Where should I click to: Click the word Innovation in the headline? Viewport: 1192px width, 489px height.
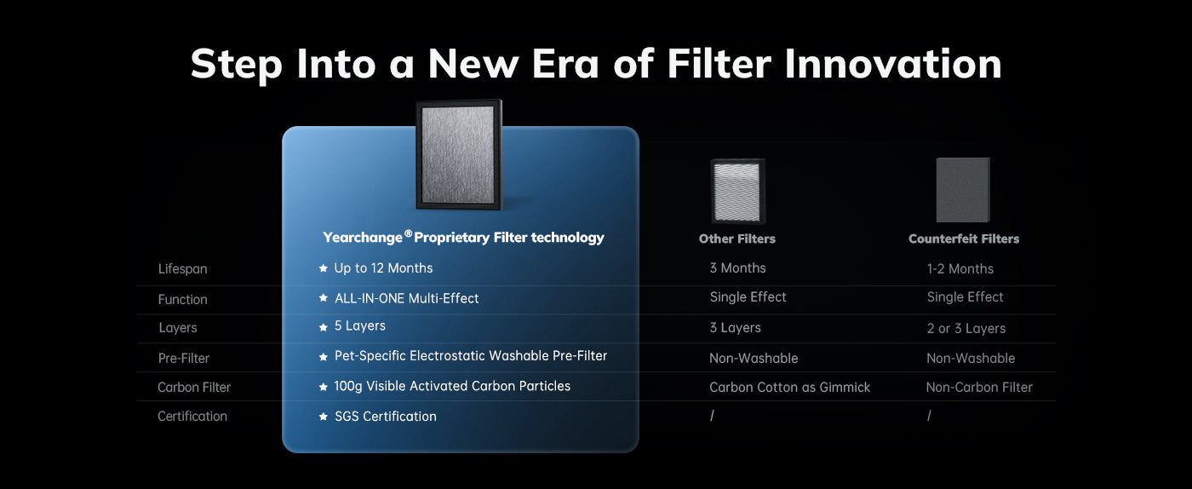(x=892, y=64)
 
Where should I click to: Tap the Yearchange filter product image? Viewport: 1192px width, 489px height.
(x=459, y=154)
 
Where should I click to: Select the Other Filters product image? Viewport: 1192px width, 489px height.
(x=738, y=191)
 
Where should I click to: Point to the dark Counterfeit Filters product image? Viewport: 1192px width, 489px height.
(x=963, y=190)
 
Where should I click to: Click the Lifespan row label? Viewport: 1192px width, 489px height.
(x=182, y=269)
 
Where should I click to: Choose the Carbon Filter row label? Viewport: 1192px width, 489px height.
(x=194, y=388)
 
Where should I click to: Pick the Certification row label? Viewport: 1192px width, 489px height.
(x=192, y=416)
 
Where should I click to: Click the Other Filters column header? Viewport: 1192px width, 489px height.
(x=737, y=239)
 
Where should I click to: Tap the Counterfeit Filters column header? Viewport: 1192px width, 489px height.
(x=964, y=239)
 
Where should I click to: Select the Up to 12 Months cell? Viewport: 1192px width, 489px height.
(x=383, y=268)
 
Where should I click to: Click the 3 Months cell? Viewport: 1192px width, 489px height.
(x=737, y=268)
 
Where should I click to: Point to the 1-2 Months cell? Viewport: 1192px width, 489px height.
(x=960, y=269)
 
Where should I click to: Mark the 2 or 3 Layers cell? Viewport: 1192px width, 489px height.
(x=966, y=329)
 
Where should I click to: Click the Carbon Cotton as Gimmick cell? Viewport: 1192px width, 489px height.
(x=790, y=388)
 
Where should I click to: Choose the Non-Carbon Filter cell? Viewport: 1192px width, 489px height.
(x=979, y=388)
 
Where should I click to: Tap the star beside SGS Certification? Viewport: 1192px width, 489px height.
(x=323, y=417)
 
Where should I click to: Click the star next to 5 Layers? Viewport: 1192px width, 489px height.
(x=323, y=327)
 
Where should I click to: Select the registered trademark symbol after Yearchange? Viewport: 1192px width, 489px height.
(x=408, y=233)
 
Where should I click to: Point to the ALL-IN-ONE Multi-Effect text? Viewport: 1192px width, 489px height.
(x=407, y=298)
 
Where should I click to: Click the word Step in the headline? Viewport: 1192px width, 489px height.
(x=237, y=65)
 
